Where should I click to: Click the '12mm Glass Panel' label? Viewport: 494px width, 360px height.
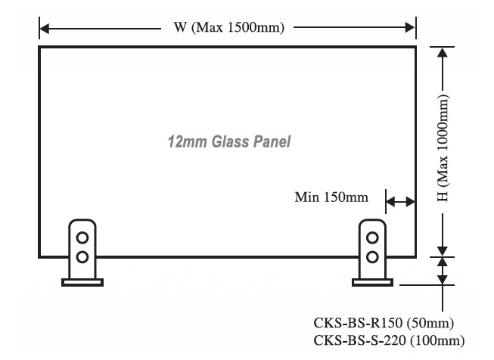228,141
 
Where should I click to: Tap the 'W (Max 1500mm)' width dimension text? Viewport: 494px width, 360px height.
228,29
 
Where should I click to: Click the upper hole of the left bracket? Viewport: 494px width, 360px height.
82,237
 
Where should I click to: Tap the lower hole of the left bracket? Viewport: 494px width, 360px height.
82,255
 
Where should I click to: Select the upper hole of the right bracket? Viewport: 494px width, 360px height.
371,237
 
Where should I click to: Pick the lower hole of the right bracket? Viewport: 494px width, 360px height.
371,255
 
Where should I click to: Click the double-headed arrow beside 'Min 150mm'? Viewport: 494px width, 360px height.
400,201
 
